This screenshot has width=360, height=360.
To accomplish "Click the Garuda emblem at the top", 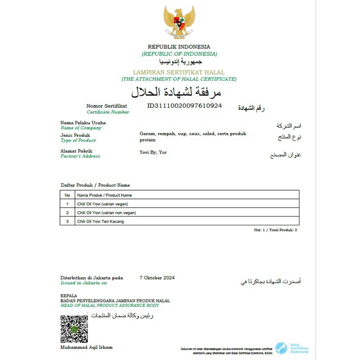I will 180,23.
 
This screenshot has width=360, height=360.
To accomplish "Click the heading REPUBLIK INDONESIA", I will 179,47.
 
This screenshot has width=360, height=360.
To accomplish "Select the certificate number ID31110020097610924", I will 184,106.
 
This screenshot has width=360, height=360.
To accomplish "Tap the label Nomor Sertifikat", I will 107,106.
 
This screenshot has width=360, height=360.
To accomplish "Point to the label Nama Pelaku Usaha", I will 83,123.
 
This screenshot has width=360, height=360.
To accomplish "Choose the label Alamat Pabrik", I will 76,151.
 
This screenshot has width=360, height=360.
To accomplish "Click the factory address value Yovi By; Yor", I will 153,152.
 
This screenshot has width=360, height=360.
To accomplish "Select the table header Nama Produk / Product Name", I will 104,195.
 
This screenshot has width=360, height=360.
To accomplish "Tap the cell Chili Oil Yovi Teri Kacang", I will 101,221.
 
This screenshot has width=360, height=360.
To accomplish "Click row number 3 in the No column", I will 67,221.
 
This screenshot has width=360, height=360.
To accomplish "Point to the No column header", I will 67,195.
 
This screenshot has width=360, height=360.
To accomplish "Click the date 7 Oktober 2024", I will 157,278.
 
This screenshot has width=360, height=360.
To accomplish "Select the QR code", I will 74,329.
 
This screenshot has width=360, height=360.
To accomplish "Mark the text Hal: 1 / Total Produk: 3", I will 275,230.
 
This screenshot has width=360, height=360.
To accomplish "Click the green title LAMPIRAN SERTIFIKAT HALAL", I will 179,72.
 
